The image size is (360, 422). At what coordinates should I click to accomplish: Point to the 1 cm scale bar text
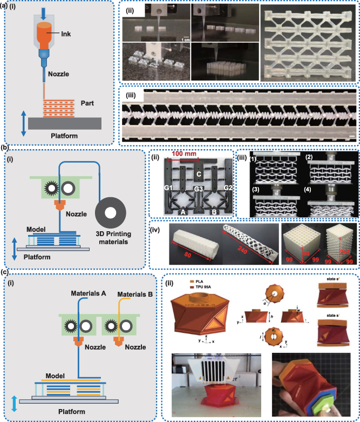[185, 39]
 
